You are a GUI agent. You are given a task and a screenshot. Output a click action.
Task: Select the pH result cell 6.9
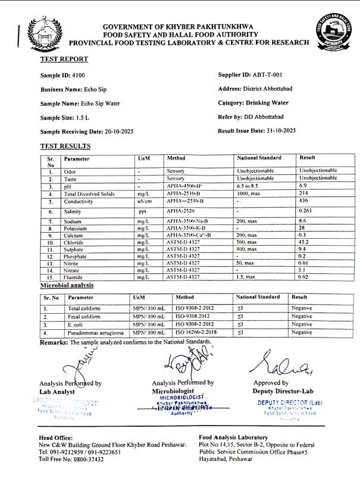(302, 186)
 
